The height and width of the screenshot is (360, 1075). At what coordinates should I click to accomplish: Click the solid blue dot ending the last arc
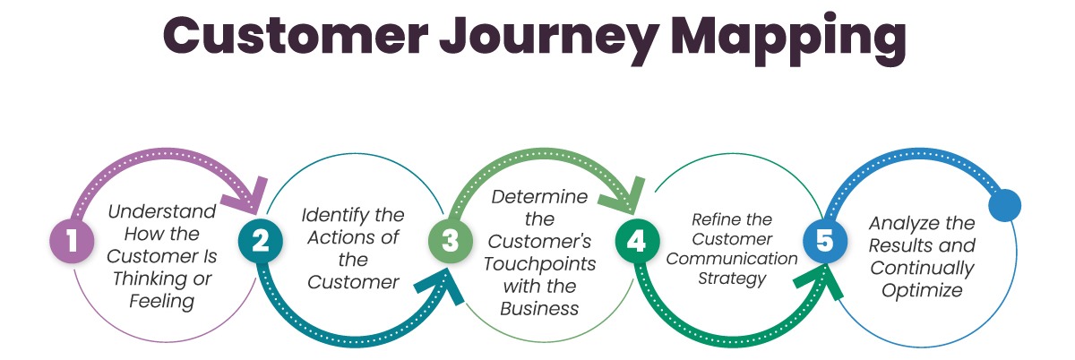pyautogui.click(x=1004, y=205)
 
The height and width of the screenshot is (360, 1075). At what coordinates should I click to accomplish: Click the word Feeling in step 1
pyautogui.click(x=161, y=302)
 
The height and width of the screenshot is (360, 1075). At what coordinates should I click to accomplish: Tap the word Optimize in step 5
pyautogui.click(x=922, y=290)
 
